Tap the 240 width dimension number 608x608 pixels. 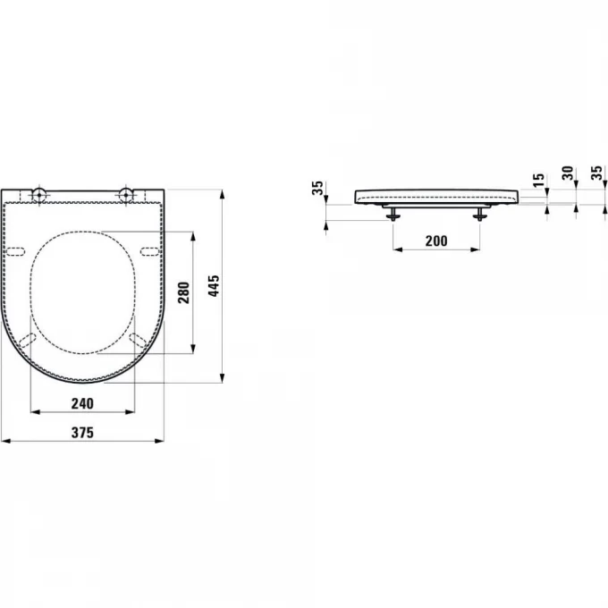click(82, 403)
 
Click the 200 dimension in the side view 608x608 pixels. click(436, 241)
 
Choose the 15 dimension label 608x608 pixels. click(538, 181)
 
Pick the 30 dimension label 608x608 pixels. click(567, 173)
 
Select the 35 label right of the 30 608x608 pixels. click(596, 173)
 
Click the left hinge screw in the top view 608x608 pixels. click(39, 194)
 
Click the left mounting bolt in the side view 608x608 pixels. click(393, 212)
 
